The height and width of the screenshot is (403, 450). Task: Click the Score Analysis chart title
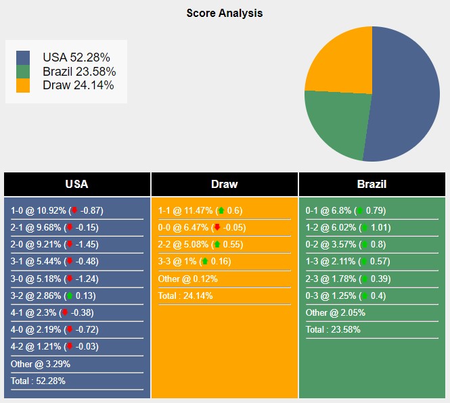[225, 13]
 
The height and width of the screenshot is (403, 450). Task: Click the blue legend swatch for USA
[23, 57]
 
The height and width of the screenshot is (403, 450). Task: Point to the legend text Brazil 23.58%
[78, 72]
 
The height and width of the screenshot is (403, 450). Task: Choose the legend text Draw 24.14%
[78, 85]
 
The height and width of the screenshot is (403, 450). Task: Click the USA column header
[76, 184]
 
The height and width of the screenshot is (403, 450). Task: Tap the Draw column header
[225, 184]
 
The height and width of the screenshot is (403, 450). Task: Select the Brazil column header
[372, 184]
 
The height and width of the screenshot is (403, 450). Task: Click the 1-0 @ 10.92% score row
[57, 210]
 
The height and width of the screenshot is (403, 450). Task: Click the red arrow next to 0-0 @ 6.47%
[217, 228]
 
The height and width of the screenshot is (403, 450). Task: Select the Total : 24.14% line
[186, 295]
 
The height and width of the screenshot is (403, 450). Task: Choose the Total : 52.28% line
[38, 381]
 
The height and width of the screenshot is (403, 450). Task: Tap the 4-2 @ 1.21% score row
[53, 346]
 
